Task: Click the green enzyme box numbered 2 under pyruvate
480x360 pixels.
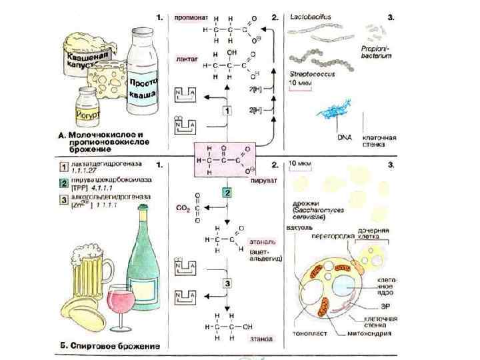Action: tap(227, 193)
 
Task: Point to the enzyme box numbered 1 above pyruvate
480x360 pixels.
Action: tap(227, 110)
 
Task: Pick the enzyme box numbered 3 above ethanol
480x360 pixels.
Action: tap(227, 283)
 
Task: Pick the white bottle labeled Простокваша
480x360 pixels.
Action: tap(143, 77)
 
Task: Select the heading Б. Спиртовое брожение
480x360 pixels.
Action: tap(109, 347)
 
